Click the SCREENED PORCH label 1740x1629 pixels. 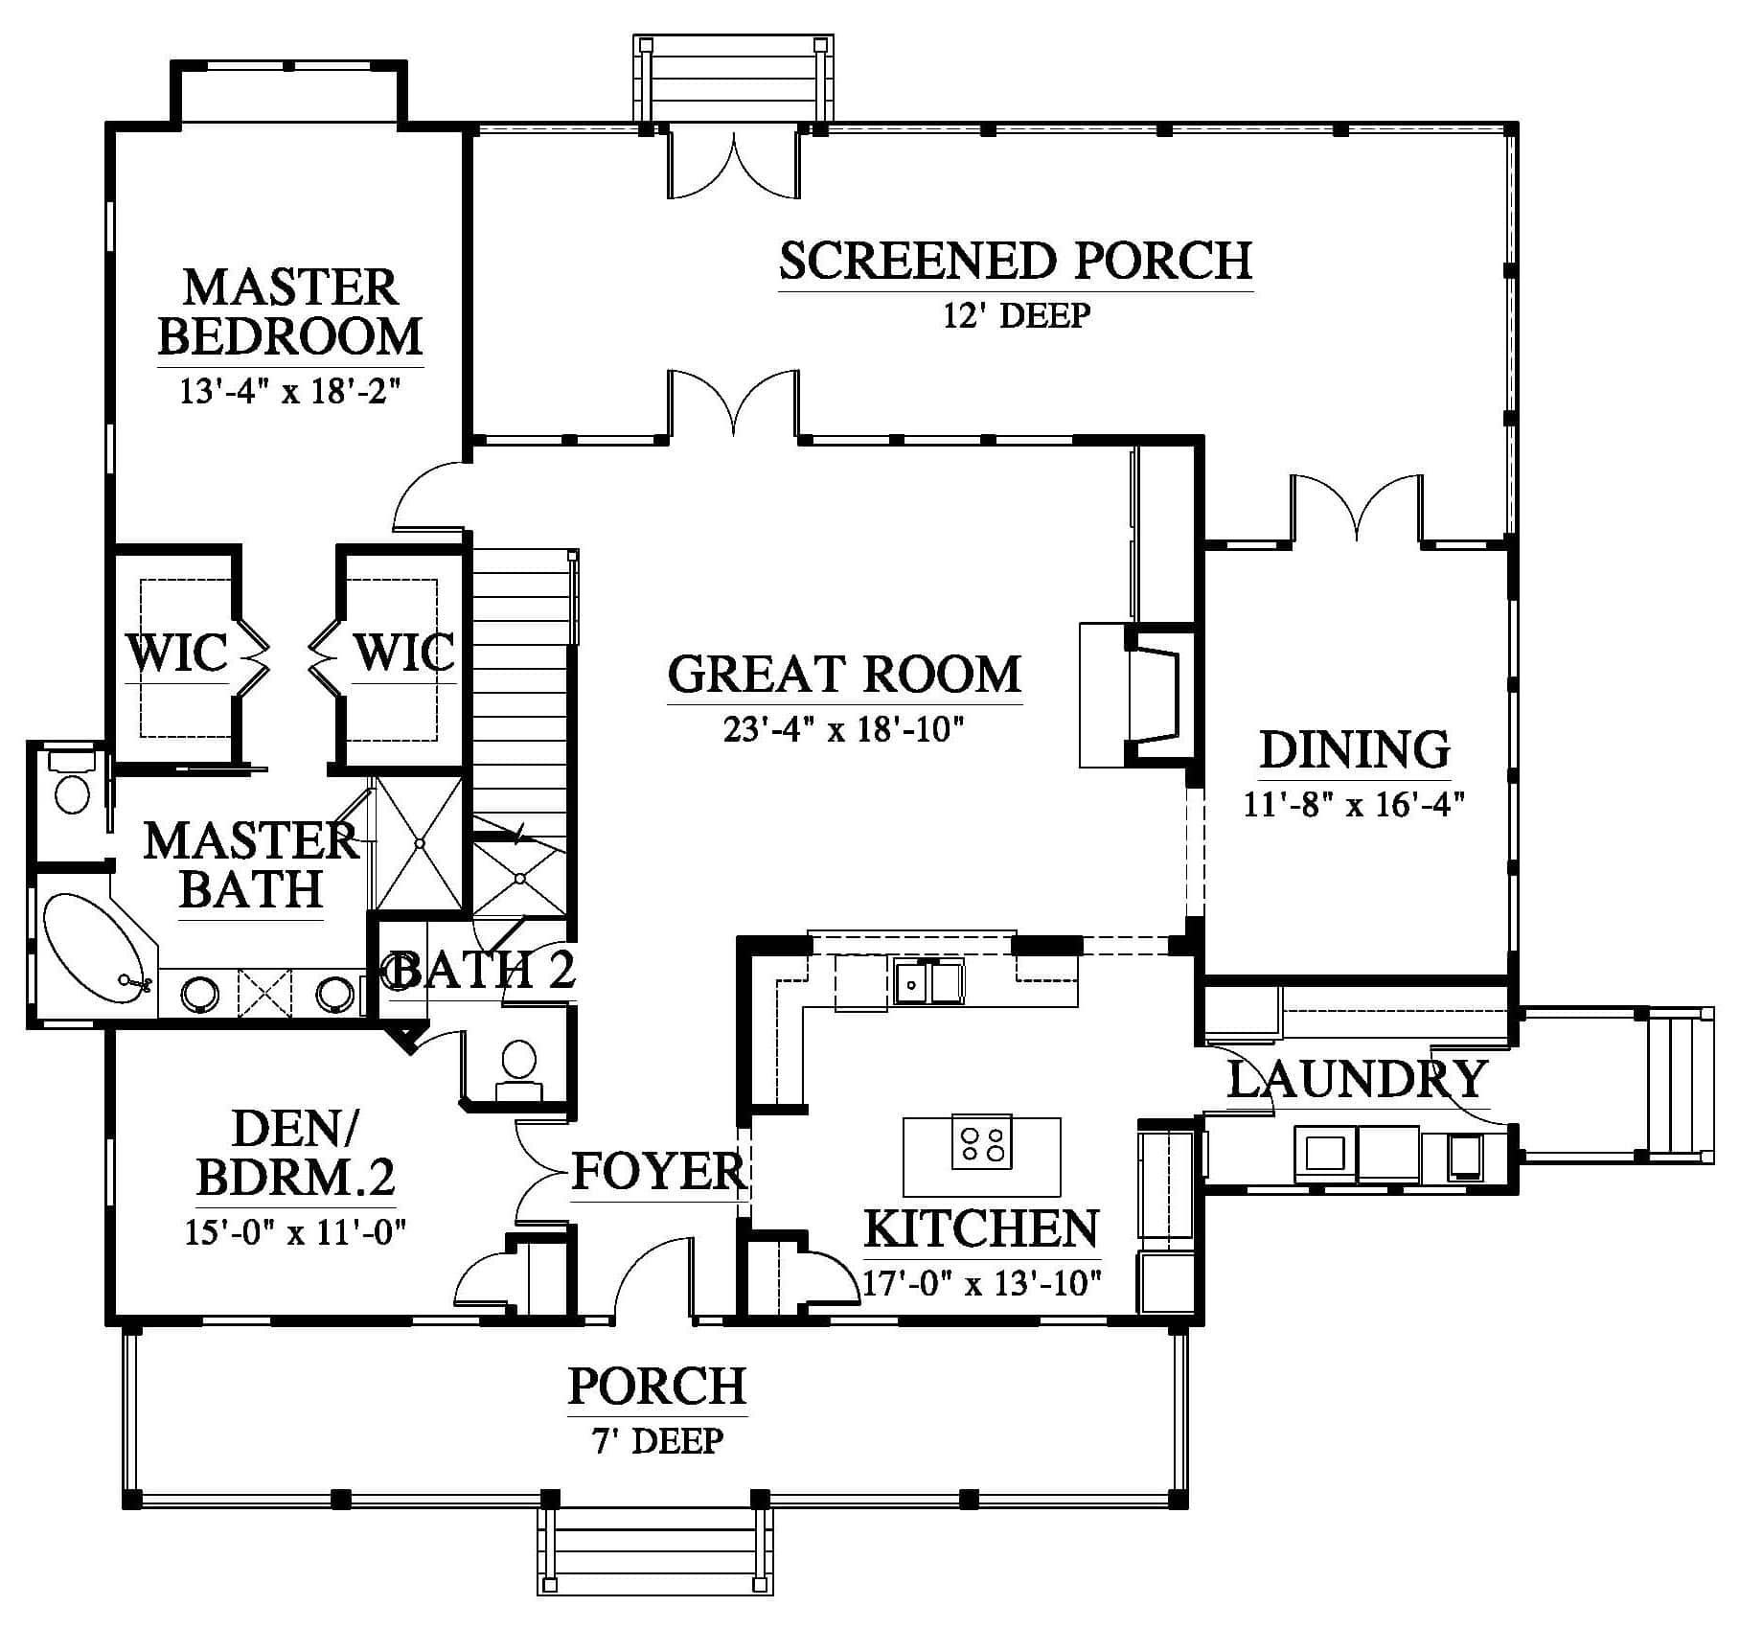pos(1016,261)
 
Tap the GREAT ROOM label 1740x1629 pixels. pos(844,674)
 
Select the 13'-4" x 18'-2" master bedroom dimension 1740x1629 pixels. pos(289,391)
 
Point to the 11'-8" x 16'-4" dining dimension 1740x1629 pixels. pos(1355,803)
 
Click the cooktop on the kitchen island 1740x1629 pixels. pos(982,1141)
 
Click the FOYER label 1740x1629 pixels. pos(659,1171)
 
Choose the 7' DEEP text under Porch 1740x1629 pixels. pos(658,1440)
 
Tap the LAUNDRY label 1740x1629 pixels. pos(1356,1079)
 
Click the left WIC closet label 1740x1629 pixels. pos(178,654)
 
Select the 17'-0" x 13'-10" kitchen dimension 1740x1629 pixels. pos(982,1282)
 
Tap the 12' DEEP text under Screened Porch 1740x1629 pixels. pos(1017,314)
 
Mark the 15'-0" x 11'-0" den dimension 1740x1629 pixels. pos(296,1230)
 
